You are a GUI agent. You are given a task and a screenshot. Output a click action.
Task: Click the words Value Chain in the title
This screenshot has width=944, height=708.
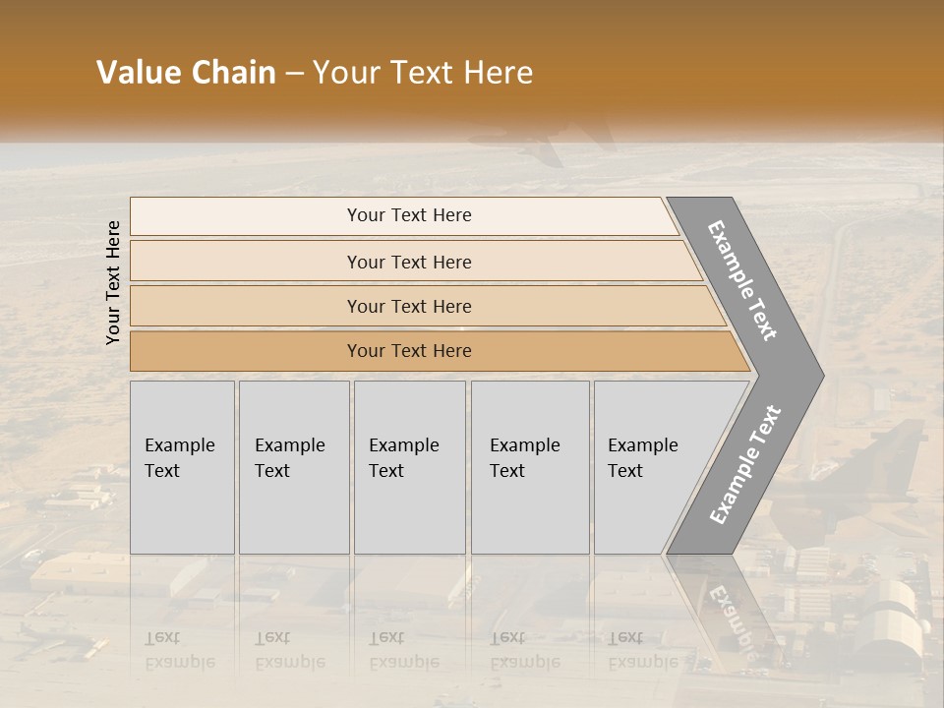[186, 73]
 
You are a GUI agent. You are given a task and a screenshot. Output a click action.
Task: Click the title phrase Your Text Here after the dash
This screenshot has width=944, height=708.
[423, 73]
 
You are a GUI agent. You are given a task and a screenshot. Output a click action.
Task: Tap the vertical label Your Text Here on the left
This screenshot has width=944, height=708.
[114, 282]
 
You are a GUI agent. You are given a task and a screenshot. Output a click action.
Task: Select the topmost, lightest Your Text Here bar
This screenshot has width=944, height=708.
[409, 215]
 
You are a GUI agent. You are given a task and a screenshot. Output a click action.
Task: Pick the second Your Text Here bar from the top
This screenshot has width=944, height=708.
[409, 262]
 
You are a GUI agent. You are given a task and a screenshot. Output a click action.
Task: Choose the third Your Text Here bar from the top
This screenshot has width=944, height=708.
[409, 306]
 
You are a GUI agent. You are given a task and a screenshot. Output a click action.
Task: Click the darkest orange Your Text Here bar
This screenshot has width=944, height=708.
[409, 351]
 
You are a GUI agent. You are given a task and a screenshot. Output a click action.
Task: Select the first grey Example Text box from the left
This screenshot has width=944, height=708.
[182, 467]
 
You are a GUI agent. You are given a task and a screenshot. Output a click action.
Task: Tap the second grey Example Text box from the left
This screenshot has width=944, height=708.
[293, 467]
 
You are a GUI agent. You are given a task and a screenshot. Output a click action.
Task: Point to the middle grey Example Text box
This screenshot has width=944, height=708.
[409, 467]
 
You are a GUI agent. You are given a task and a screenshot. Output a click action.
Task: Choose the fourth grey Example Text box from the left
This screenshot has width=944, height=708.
[530, 467]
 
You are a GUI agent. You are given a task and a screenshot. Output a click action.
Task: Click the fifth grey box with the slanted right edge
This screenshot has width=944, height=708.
[649, 467]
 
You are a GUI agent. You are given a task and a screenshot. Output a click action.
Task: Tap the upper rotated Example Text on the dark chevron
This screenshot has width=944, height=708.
[742, 280]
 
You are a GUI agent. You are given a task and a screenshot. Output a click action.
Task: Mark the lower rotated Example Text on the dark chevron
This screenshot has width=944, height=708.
[745, 465]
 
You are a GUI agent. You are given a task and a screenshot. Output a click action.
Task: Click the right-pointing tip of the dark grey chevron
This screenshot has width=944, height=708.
[818, 375]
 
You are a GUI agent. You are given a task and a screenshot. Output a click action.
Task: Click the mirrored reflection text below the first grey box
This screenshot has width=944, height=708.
[179, 650]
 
